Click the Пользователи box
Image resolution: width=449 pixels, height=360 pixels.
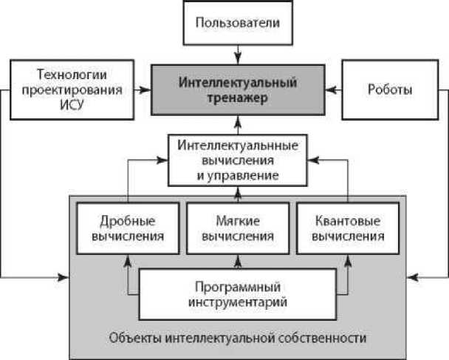pos(237,23)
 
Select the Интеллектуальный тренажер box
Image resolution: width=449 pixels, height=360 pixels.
pos(237,89)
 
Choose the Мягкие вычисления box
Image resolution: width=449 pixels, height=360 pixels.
pos(236,228)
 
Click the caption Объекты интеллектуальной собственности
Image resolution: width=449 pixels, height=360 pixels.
pos(237,339)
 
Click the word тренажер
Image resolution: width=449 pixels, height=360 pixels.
pos(237,97)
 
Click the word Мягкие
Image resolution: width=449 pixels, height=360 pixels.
pos(236,220)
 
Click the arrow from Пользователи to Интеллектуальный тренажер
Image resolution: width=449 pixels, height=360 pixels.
pos(237,53)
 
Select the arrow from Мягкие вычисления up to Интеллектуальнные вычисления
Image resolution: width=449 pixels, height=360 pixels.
pos(237,194)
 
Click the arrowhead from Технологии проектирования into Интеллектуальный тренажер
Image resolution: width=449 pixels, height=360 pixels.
pos(143,90)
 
